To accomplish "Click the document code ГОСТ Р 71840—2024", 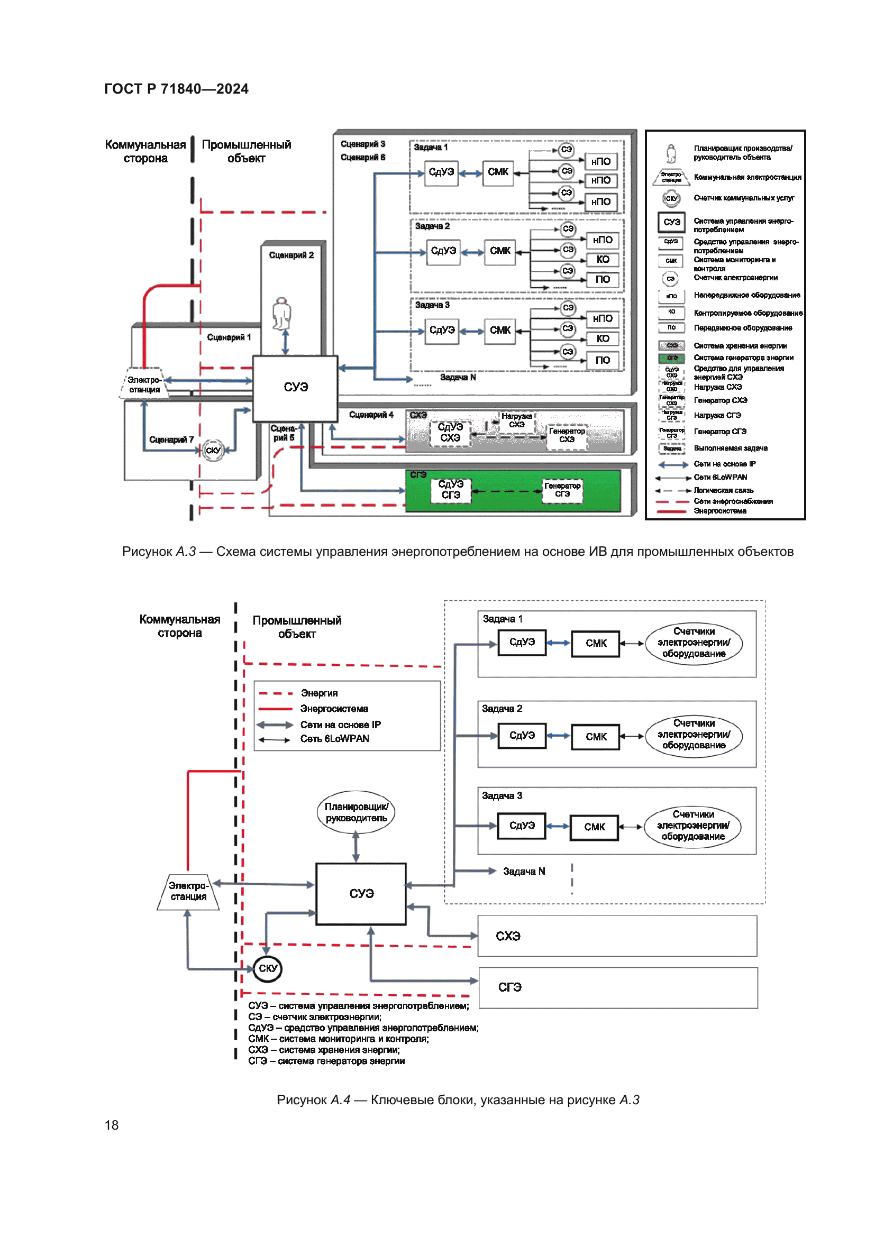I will coord(176,89).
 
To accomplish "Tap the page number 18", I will coord(112,1125).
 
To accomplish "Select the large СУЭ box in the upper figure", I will coord(295,388).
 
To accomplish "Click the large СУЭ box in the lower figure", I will coord(361,894).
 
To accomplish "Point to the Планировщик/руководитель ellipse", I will coord(356,812).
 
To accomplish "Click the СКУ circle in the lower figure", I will coord(268,968).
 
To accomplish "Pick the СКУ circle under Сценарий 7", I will coord(213,451).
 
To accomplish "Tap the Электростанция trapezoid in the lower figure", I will coord(188,892).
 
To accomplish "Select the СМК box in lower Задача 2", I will coord(596,737).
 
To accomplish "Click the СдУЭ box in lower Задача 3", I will coord(522,826).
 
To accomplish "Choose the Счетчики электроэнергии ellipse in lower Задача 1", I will coord(694,643).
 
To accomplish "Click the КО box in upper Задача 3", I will coord(603,339).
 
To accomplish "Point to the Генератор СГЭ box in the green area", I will coord(562,490).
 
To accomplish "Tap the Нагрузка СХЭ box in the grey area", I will coord(516,421).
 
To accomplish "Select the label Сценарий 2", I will coord(291,255).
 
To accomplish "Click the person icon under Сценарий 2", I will coord(281,313).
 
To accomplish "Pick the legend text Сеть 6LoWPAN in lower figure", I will coord(334,739).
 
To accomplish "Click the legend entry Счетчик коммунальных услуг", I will coord(743,198).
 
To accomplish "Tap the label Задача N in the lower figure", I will coord(524,871).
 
